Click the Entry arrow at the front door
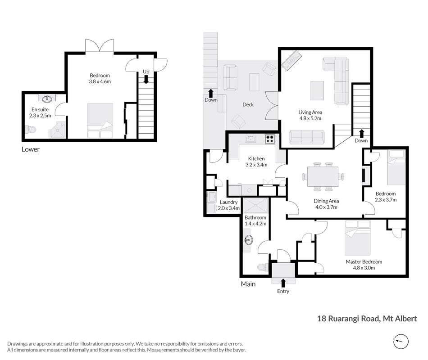tap(283, 283)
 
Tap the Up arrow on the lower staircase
tap(146, 79)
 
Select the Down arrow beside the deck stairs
tap(211, 93)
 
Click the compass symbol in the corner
tap(401, 341)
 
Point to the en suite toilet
tap(30, 129)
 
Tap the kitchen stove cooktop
tap(270, 139)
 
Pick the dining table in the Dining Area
tap(323, 176)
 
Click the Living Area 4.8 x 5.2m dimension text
tap(310, 118)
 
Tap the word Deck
tap(248, 104)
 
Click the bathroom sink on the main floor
tap(248, 241)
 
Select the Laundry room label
tap(228, 202)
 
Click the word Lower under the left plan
tap(31, 149)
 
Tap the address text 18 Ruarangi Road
tap(348, 319)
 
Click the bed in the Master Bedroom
tap(358, 238)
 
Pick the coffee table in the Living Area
tap(317, 91)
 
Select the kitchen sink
tap(251, 139)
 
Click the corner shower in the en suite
tap(57, 130)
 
